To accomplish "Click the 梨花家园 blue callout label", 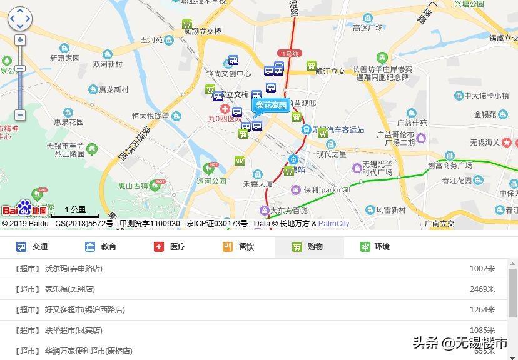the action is coord(271,105).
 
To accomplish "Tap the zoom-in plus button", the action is coord(20,40).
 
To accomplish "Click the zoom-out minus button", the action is coord(20,115).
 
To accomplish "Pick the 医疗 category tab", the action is coord(170,247).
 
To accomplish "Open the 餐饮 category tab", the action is coord(239,247).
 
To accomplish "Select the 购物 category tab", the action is coord(308,247).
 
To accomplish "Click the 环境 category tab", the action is coord(375,247).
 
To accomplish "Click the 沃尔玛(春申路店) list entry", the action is coord(73,269).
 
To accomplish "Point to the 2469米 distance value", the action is coord(482,289).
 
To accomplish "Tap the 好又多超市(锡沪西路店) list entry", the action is coord(84,310).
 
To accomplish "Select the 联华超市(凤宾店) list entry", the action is coord(73,331).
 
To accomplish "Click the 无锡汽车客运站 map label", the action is coord(338,129).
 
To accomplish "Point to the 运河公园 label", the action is coord(211,181).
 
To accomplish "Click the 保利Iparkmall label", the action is coord(327,189).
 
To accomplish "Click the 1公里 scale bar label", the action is coord(75,210).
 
